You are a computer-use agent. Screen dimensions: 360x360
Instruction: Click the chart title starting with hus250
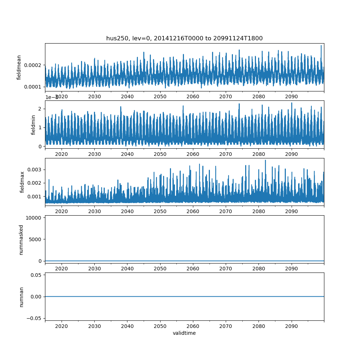[184, 38]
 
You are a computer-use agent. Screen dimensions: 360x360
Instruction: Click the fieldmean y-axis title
[19, 67]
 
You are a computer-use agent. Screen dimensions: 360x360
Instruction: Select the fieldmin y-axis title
[33, 125]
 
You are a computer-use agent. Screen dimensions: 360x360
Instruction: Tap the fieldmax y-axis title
[22, 182]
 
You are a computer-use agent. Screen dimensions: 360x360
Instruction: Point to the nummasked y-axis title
[21, 239]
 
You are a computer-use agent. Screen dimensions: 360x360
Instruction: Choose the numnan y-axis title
[21, 297]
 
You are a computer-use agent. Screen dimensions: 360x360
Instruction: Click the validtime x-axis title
[184, 333]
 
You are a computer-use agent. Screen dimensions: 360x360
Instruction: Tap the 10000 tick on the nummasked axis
[35, 218]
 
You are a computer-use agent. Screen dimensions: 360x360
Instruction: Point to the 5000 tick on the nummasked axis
[36, 239]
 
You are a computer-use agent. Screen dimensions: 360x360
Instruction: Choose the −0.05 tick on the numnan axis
[35, 318]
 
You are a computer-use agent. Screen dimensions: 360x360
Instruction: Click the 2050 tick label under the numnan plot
[160, 327]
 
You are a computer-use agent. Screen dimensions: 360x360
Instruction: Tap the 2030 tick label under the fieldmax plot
[94, 211]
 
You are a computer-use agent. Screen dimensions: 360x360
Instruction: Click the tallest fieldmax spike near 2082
[265, 160]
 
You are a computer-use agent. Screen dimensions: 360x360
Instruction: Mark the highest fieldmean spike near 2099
[321, 46]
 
